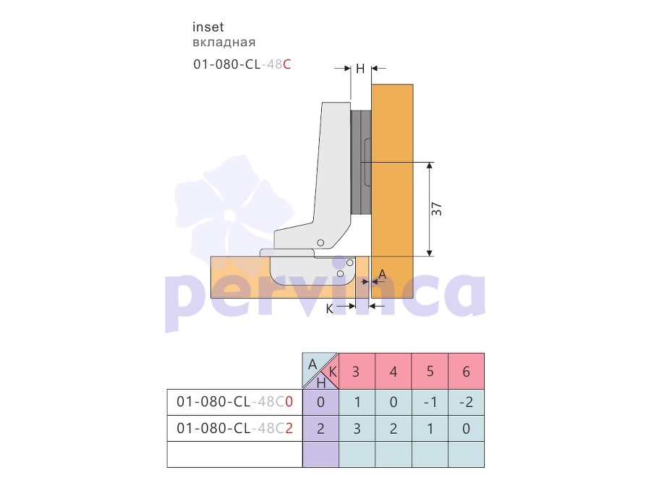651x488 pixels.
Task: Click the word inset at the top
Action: pos(208,27)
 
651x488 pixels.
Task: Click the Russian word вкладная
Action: pos(224,43)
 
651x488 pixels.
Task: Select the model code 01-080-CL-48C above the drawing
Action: pos(242,64)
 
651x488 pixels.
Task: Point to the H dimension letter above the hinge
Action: pos(360,69)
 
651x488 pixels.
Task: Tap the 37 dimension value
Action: pos(436,209)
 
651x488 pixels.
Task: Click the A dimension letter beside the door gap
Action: pos(383,274)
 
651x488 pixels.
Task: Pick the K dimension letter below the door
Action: pos(329,309)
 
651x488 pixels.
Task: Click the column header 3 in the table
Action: pos(356,372)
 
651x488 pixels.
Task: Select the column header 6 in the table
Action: pos(466,372)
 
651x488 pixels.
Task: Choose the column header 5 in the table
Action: pos(430,371)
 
